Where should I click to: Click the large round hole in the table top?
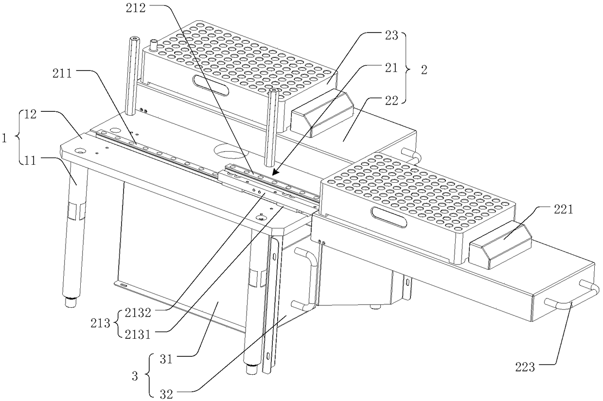[x=231, y=152]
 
